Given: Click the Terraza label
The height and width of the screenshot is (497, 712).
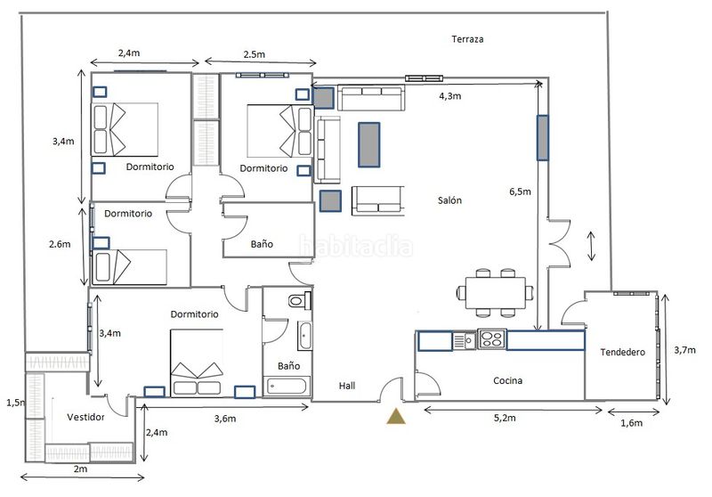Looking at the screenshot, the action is click(467, 39).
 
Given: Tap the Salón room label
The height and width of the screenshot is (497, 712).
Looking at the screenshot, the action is click(449, 200).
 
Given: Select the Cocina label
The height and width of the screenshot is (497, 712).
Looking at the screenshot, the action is click(507, 380).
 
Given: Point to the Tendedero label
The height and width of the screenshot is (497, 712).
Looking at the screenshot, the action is click(622, 352).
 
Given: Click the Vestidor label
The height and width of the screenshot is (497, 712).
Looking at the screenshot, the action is click(85, 417).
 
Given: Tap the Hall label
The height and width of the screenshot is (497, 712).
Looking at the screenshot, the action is click(347, 386).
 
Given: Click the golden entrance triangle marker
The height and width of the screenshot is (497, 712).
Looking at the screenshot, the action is click(396, 417).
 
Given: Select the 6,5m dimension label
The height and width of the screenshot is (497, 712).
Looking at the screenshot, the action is click(520, 191).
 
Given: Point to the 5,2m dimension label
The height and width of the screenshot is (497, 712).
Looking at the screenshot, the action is click(505, 418).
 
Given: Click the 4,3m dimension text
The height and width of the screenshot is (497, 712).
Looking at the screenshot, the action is click(450, 96).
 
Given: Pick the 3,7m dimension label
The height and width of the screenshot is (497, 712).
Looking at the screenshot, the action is click(684, 350).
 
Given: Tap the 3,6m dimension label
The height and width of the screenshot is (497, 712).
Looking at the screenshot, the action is click(225, 419).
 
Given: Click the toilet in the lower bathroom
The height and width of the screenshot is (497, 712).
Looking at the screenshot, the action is click(300, 300).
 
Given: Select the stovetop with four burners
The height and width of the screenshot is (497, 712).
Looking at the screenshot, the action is click(492, 339).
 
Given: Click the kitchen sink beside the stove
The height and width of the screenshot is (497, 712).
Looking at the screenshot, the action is click(464, 340).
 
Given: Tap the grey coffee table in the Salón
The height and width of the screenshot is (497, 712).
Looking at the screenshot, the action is click(368, 144).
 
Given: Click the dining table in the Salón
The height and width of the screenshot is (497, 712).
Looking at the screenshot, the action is click(496, 293).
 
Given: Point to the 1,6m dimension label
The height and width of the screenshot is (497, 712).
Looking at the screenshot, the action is click(632, 423).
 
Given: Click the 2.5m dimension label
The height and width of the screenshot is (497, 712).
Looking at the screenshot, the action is click(255, 54).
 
